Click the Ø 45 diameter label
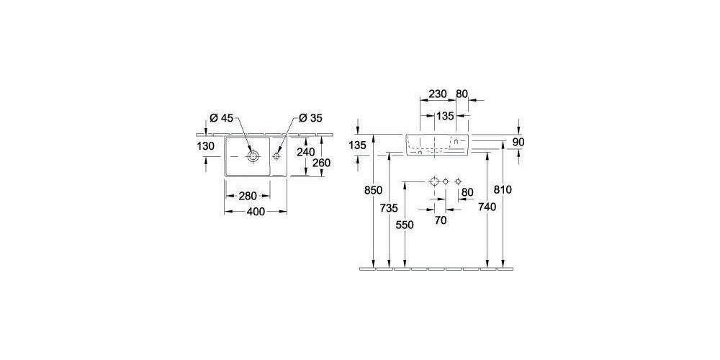tap(221, 118)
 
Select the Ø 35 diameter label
tap(310, 118)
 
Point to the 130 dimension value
tap(206, 146)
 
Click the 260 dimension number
tap(321, 163)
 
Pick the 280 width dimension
tap(247, 196)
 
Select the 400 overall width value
tap(256, 211)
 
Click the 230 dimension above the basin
tap(438, 94)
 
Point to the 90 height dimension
tap(518, 143)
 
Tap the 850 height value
tap(373, 189)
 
